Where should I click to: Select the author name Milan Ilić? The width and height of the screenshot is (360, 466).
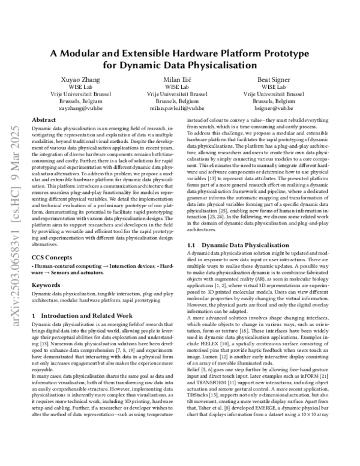click(x=180, y=79)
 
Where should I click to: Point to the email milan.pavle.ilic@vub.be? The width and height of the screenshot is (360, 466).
click(x=180, y=109)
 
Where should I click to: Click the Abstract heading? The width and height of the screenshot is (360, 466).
click(x=44, y=121)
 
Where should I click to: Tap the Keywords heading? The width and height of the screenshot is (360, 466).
click(x=46, y=286)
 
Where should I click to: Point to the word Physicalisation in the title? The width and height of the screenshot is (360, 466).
click(x=223, y=65)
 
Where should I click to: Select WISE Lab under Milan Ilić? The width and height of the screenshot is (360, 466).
click(x=180, y=87)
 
